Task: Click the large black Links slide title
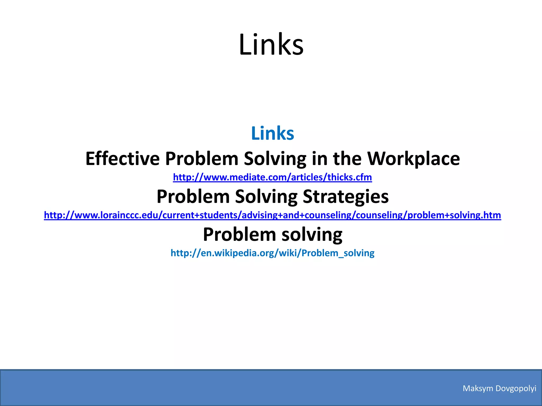(x=271, y=44)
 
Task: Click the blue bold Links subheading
(x=272, y=133)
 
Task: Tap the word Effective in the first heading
(x=122, y=159)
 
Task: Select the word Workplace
(x=414, y=159)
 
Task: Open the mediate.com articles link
(x=272, y=177)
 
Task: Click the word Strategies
(x=346, y=197)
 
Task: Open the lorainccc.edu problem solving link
(x=272, y=215)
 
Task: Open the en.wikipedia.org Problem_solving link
(x=272, y=253)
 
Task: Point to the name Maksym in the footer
(x=478, y=388)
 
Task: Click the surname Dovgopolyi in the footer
(x=516, y=388)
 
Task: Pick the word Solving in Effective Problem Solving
(x=275, y=159)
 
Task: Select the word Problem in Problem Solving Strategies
(x=193, y=197)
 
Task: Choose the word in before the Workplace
(x=319, y=159)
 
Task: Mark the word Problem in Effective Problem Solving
(x=202, y=159)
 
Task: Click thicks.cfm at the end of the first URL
(x=350, y=177)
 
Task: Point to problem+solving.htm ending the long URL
(x=454, y=215)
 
